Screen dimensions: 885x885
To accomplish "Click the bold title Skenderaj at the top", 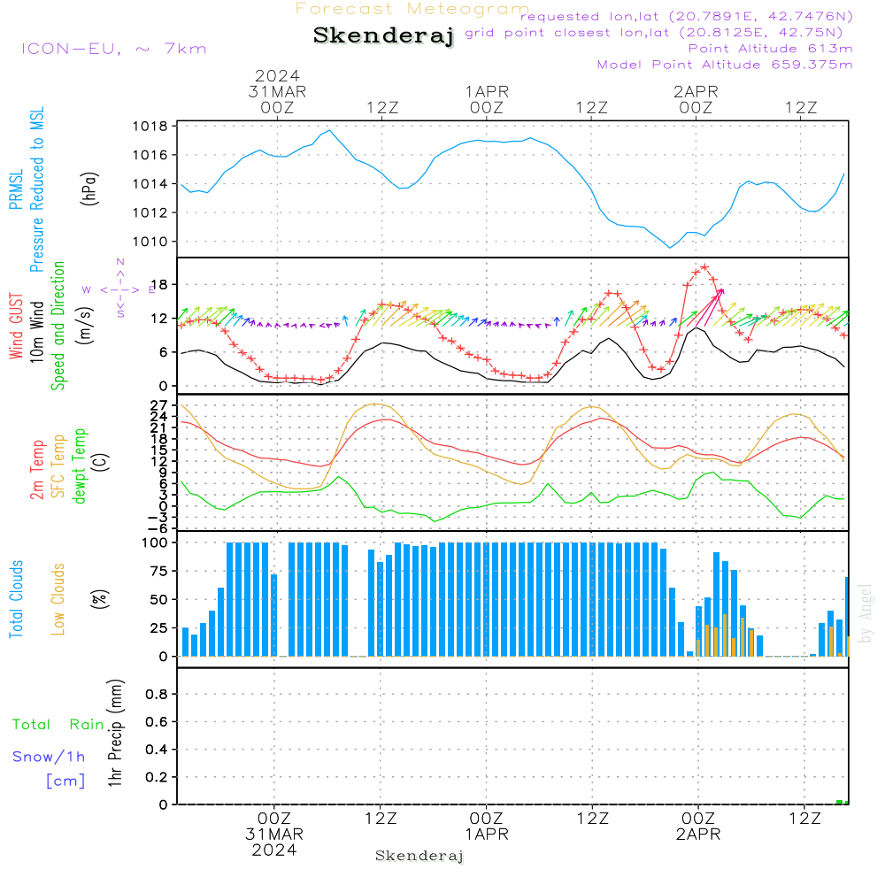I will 383,36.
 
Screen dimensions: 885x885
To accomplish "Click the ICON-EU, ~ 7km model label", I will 113,49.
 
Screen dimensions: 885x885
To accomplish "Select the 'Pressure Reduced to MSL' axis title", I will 37,190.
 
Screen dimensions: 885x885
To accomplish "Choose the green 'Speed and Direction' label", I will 58,325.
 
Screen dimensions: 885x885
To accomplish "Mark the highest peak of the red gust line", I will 704,266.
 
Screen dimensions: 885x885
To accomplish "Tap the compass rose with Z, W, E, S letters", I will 119,289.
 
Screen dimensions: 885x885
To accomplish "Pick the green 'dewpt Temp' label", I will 80,466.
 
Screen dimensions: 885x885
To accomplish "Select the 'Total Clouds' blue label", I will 16,599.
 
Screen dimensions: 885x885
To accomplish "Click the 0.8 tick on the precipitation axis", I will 158,695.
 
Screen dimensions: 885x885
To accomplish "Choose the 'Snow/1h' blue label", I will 49,757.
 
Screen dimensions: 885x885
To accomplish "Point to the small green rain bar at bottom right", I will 839,802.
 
